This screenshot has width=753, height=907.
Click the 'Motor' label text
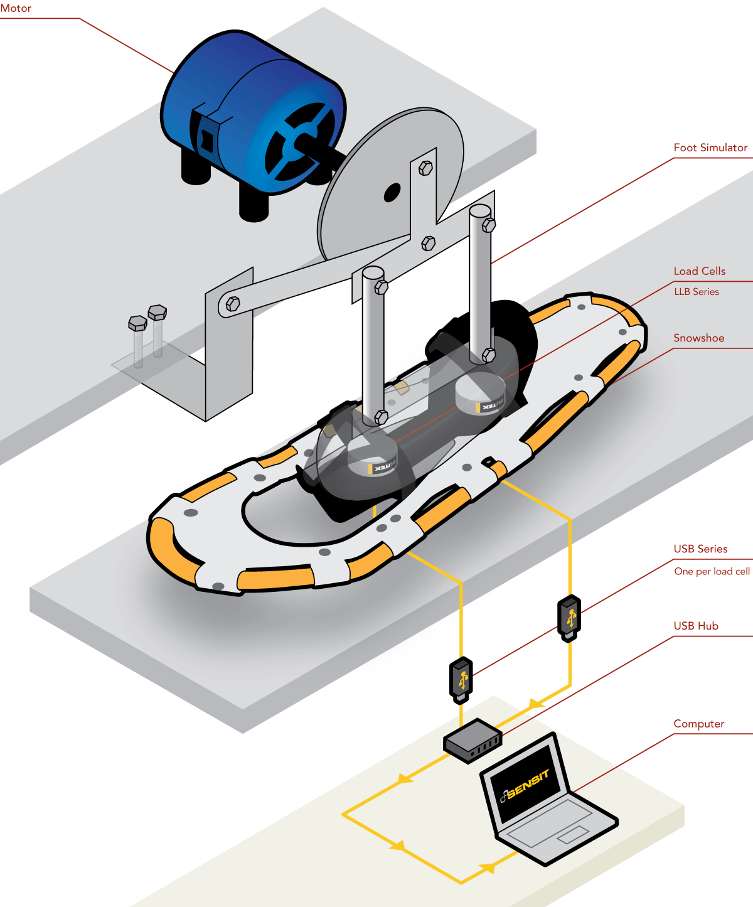[x=16, y=8]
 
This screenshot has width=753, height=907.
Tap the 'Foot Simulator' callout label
[x=710, y=148]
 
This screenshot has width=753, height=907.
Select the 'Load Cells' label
[x=699, y=271]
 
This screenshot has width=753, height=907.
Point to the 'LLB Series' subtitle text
[x=697, y=292]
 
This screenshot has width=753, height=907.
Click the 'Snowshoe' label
[x=698, y=338]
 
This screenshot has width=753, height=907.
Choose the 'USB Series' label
[x=700, y=549]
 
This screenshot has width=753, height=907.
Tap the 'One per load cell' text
[x=712, y=571]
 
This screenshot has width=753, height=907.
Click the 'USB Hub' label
[x=696, y=626]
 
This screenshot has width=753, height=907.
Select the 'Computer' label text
[x=698, y=724]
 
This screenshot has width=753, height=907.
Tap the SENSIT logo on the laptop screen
[x=526, y=785]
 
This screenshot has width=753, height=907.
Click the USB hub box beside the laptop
[x=472, y=741]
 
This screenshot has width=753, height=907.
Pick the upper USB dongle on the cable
[x=569, y=618]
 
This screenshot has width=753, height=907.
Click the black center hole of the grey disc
[x=392, y=192]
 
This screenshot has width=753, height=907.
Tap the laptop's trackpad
[x=572, y=834]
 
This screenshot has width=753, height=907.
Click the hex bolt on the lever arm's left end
[x=232, y=304]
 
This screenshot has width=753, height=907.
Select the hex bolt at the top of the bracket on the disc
[x=425, y=168]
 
